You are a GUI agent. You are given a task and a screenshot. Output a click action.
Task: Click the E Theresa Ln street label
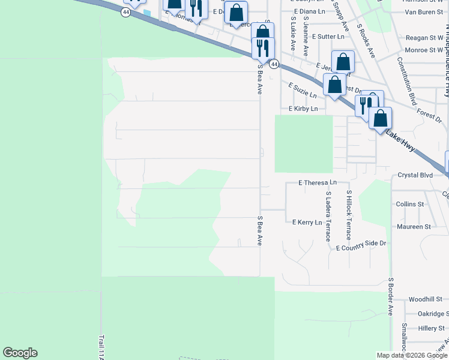coord(318,182)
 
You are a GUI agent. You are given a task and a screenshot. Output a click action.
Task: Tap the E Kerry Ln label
coord(307,222)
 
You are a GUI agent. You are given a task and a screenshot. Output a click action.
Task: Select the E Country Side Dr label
coord(361,247)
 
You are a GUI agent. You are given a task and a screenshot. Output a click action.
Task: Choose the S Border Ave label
coord(390,296)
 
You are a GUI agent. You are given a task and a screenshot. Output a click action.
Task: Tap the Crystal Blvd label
coord(415,175)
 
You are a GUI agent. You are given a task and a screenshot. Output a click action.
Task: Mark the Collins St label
coord(410,204)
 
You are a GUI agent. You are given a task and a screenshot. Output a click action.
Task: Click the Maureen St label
coord(414,227)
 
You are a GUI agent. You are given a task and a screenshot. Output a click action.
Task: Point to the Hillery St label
coord(431,328)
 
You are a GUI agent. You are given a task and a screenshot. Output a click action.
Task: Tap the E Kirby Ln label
coord(306,109)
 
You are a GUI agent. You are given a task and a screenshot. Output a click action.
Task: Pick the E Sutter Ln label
coord(328,37)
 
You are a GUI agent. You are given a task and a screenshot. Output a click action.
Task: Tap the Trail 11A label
coord(102,347)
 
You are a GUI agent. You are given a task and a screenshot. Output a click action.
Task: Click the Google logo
coord(20,353)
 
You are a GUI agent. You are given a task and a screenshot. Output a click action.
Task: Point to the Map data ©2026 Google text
coord(412,355)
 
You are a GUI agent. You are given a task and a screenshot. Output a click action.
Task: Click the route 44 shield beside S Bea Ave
coord(273,64)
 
